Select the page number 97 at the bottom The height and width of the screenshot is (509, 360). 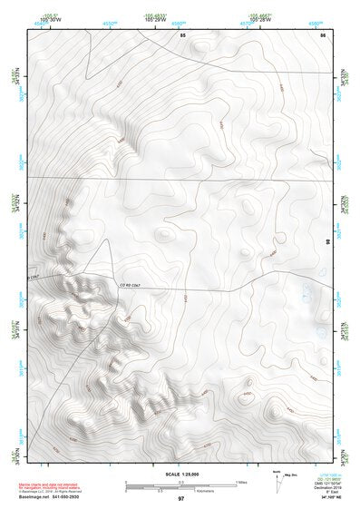(x=180, y=499)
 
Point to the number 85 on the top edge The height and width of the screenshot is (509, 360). (x=182, y=34)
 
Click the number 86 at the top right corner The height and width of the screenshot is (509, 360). (x=322, y=34)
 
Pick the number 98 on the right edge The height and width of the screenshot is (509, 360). (x=327, y=240)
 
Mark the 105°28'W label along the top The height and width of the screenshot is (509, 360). (x=262, y=19)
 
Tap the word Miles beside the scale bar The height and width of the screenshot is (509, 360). (x=241, y=483)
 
